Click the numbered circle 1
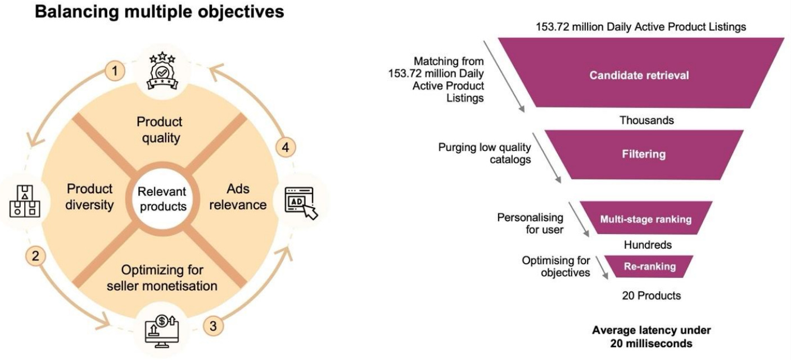tap(115, 71)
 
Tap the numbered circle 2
tap(35, 256)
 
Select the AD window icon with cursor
tap(301, 202)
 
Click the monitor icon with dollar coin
tap(162, 332)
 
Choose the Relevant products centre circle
tap(162, 199)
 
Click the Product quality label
tap(160, 130)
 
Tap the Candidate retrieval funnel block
tap(639, 74)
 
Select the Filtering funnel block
tap(644, 154)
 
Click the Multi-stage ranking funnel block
tap(645, 219)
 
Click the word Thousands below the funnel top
tap(647, 120)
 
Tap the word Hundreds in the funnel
tap(648, 245)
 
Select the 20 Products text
tap(651, 295)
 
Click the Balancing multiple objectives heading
tap(160, 12)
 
